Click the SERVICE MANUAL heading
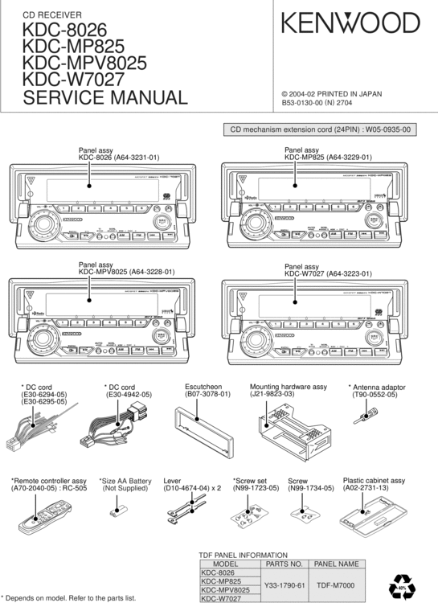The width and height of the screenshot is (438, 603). (104, 98)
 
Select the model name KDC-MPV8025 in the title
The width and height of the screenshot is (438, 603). (84, 63)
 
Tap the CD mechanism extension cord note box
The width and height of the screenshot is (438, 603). (320, 129)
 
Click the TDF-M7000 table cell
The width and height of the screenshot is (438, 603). (337, 585)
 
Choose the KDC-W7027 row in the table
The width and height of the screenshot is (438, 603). (220, 598)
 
